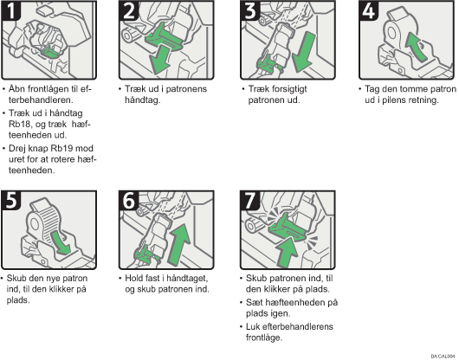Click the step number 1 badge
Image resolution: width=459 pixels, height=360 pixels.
(x=11, y=10)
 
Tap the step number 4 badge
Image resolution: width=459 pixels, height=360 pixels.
(x=369, y=10)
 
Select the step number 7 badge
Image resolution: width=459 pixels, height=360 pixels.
(x=249, y=200)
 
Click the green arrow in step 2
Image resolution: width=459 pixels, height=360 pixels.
(x=159, y=60)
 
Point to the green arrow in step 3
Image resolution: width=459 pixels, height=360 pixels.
(x=305, y=53)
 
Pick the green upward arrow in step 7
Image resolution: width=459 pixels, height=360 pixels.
(x=287, y=252)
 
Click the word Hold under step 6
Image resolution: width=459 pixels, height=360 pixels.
(x=133, y=278)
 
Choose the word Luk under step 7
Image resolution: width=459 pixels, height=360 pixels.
(x=253, y=326)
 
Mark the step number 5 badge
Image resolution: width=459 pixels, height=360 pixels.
(x=11, y=200)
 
